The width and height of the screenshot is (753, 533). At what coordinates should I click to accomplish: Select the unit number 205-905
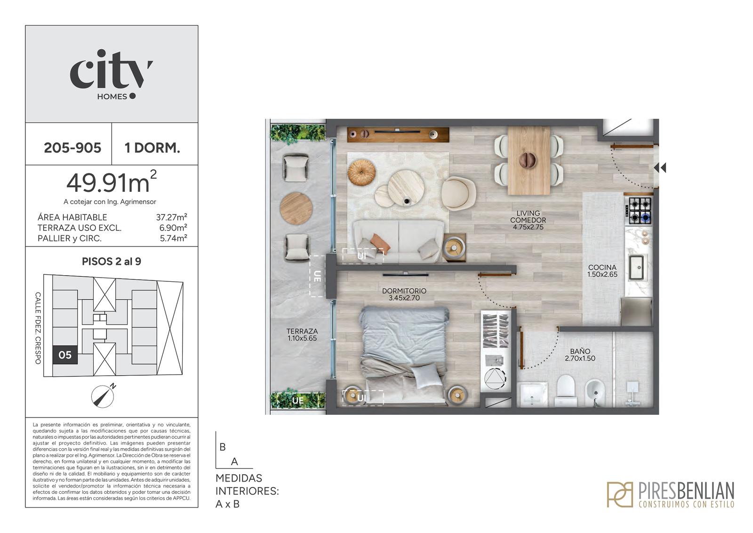click(x=72, y=148)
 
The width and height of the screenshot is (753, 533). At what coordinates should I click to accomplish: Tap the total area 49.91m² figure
click(x=112, y=182)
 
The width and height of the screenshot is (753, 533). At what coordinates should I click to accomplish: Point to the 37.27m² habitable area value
click(x=171, y=217)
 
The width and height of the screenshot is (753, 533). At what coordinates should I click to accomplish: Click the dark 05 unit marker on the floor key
click(x=65, y=355)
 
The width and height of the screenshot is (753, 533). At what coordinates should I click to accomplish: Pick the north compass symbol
click(x=103, y=396)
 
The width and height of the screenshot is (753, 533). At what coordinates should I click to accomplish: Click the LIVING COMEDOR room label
click(x=528, y=220)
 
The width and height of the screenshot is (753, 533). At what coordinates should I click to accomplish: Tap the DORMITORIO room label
click(x=404, y=294)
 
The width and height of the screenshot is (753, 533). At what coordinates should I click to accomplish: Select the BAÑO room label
click(x=580, y=354)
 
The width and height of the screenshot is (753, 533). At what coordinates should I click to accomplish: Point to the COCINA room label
click(x=602, y=271)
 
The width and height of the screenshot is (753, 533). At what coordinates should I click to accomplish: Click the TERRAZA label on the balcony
click(x=302, y=335)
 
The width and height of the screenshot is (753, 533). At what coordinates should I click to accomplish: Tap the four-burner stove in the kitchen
click(x=639, y=211)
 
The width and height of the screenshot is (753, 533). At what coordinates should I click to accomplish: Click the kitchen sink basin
click(x=636, y=267)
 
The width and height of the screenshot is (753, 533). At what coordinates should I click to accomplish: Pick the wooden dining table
click(x=529, y=160)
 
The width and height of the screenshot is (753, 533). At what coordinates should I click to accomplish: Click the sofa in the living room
click(x=398, y=241)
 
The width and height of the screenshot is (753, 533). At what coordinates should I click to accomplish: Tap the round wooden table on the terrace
click(x=296, y=208)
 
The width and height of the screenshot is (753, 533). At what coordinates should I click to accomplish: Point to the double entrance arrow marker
click(x=660, y=168)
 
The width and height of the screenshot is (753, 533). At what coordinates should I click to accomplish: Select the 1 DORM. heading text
click(x=152, y=148)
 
